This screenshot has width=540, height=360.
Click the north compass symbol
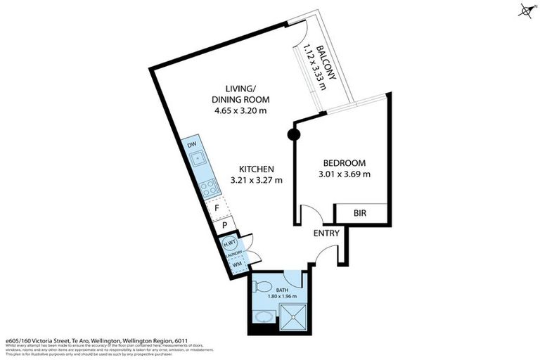pyautogui.click(x=526, y=10)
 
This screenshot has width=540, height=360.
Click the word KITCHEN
pyautogui.click(x=256, y=169)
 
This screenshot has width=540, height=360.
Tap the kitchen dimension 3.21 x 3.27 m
pyautogui.click(x=256, y=180)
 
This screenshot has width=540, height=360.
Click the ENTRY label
pyautogui.click(x=326, y=233)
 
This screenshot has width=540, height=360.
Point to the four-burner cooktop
pyautogui.click(x=209, y=188)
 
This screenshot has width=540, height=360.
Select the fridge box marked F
pyautogui.click(x=218, y=208)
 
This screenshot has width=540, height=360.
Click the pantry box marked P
pyautogui.click(x=223, y=226)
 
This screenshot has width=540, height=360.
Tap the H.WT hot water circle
pyautogui.click(x=229, y=243)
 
